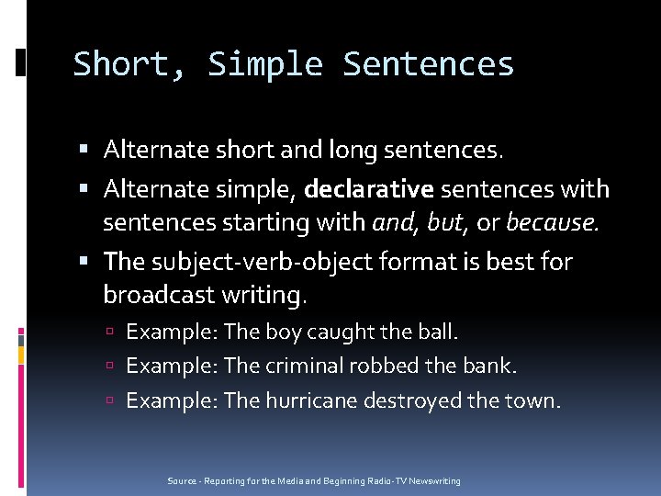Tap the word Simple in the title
pyautogui.click(x=264, y=65)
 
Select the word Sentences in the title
pyautogui.click(x=428, y=65)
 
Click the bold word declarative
pyautogui.click(x=369, y=190)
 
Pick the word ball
pyautogui.click(x=437, y=332)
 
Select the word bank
pyautogui.click(x=494, y=366)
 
